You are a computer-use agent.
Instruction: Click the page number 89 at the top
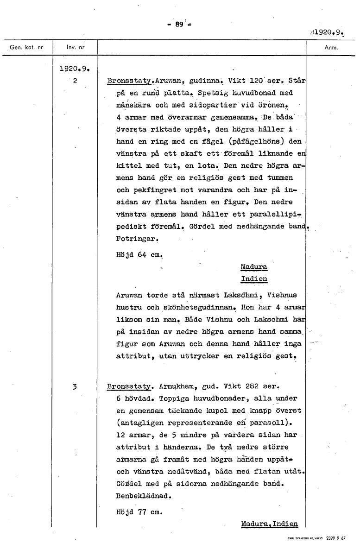[180, 25]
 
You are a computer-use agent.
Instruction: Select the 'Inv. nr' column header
[76, 47]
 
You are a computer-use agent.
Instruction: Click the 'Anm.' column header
[331, 47]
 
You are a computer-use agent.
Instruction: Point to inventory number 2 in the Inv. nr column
[75, 80]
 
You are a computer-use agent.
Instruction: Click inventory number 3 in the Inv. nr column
[75, 386]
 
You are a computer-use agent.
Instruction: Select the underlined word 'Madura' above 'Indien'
[254, 267]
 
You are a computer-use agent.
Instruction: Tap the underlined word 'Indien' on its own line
[254, 279]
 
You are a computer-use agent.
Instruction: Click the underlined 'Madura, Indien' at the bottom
[269, 524]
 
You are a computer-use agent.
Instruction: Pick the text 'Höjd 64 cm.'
[139, 255]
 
